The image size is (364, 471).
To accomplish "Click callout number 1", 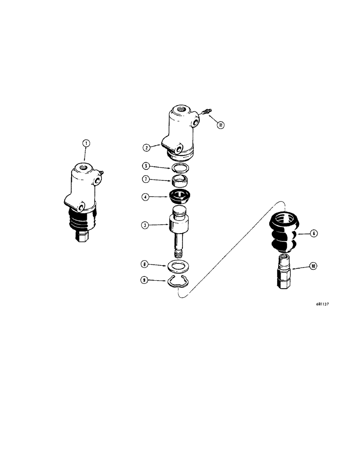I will [x=85, y=143].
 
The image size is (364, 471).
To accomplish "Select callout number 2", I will [x=147, y=147].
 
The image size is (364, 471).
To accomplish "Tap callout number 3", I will [x=147, y=226].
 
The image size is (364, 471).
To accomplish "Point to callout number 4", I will [x=147, y=198].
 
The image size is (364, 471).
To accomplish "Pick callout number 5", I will [x=147, y=166].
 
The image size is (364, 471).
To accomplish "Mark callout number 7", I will [x=147, y=180].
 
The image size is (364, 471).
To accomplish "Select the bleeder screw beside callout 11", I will [x=205, y=112].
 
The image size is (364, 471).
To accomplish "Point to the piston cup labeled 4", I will [x=179, y=197].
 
